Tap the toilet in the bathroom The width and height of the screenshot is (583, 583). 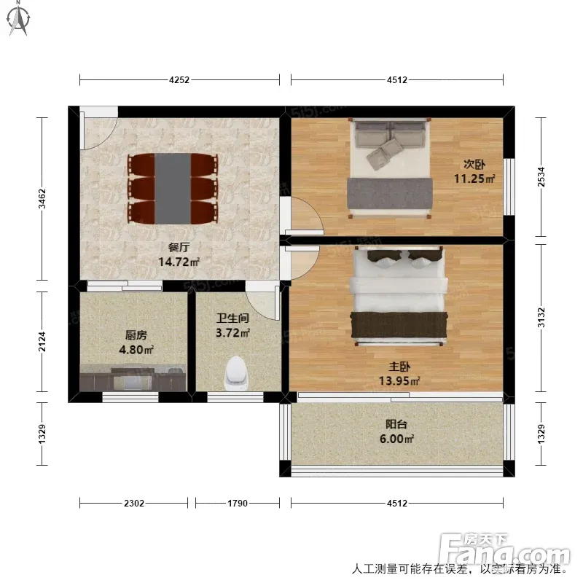pos(235,373)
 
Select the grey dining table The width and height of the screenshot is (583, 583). pos(173,189)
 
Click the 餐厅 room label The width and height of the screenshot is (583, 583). pos(179,247)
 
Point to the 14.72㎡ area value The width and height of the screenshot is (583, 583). pos(179,262)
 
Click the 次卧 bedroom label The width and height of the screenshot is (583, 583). pos(474,164)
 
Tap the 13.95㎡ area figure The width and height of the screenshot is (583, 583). pos(399,380)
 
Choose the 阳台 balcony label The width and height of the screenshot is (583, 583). pos(396,424)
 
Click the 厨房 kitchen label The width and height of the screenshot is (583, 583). pos(136,335)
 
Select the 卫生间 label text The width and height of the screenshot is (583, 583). pos(232,318)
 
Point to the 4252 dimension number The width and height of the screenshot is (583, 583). pos(179,79)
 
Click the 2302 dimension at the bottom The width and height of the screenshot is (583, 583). pos(134,503)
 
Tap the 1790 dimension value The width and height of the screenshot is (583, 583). pos(238,503)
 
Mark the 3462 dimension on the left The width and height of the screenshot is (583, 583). pos(42,198)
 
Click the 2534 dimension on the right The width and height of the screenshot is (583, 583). pos(541,176)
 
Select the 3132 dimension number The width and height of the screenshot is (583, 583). pos(541,318)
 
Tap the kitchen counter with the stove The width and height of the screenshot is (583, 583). pos(133,377)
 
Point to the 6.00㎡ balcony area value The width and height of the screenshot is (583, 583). pos(396,439)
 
